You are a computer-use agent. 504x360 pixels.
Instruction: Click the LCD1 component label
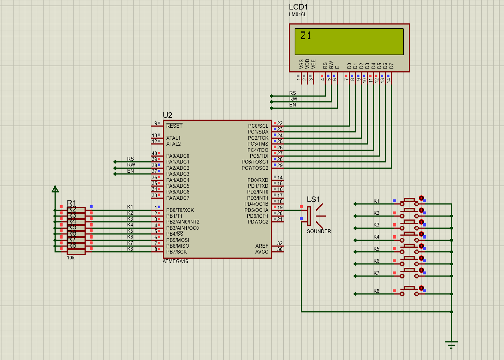(298, 7)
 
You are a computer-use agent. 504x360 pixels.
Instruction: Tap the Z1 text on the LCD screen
(306, 35)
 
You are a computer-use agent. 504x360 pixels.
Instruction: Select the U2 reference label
(167, 115)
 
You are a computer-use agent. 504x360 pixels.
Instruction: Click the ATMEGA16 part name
(175, 261)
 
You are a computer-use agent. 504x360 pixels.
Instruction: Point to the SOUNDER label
(319, 231)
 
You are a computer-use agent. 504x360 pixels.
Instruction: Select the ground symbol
(451, 344)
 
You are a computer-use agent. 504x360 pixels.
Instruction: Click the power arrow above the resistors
(55, 189)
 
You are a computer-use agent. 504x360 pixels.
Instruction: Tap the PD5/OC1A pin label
(256, 210)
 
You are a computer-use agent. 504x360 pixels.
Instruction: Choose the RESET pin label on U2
(174, 126)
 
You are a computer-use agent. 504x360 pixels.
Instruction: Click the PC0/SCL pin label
(258, 126)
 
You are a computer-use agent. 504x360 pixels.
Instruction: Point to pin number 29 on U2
(280, 165)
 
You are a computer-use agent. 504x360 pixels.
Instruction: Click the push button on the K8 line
(409, 291)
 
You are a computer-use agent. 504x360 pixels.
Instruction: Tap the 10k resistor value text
(71, 258)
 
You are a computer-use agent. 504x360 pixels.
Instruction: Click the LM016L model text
(298, 15)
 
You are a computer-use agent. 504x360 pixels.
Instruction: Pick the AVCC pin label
(262, 252)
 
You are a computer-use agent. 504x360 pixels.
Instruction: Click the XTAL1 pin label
(173, 138)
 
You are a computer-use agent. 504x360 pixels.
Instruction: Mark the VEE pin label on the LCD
(313, 64)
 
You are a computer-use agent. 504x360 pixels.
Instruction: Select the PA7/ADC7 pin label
(178, 198)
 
